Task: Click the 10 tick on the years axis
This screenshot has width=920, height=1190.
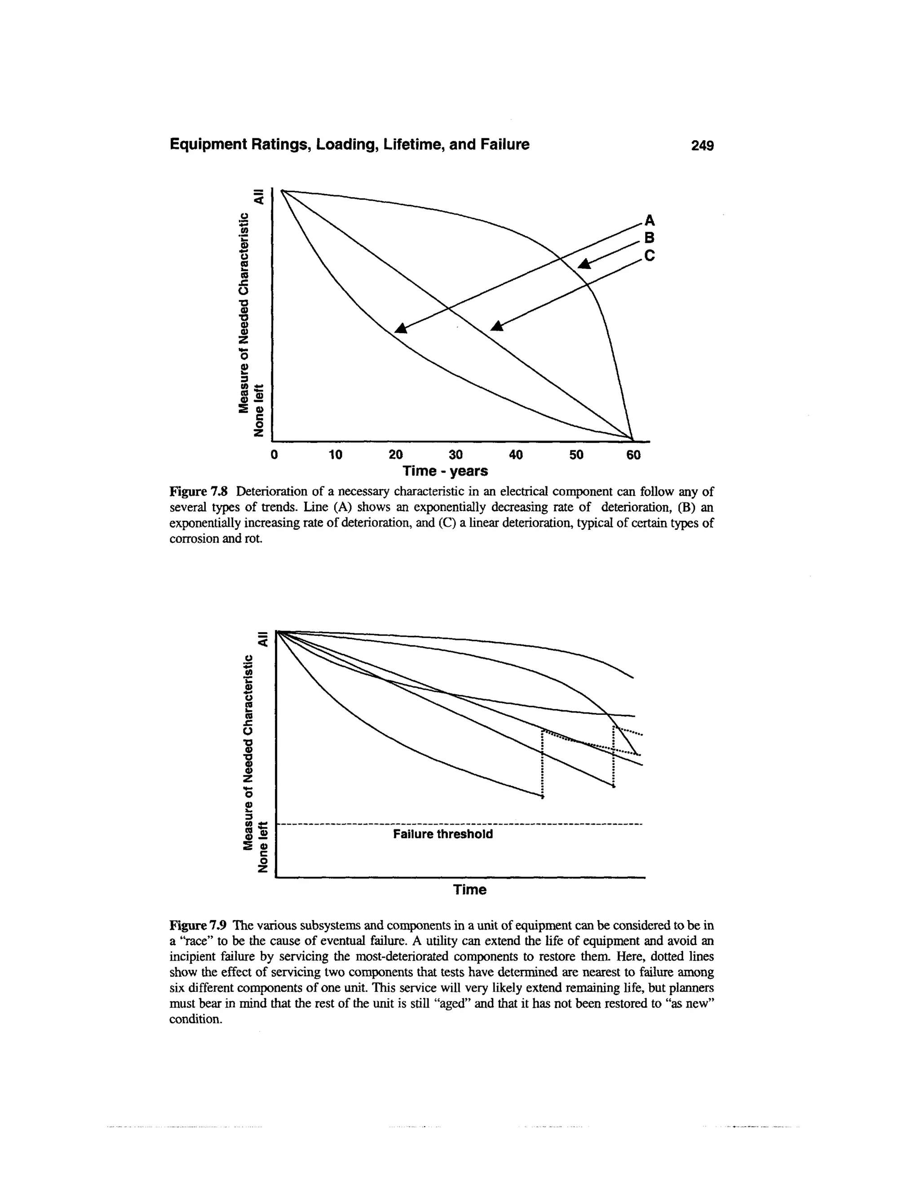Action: pos(335,454)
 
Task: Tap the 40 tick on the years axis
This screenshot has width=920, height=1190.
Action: pos(516,454)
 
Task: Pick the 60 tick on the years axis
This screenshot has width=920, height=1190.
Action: pos(633,454)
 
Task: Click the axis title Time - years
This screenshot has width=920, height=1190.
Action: pos(445,470)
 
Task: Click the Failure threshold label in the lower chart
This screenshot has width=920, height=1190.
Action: pos(442,834)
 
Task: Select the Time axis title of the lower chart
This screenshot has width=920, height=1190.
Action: pos(470,890)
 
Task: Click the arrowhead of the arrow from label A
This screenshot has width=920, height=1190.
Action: pos(401,328)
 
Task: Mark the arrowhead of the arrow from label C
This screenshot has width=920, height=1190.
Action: pos(497,326)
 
